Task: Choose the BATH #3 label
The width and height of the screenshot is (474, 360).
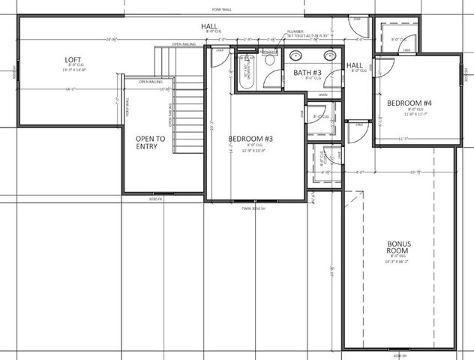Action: point(307,72)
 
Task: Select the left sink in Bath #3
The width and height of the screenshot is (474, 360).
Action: point(296,55)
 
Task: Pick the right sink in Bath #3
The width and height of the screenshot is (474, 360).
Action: point(329,55)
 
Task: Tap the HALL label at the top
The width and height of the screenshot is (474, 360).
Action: point(208,27)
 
